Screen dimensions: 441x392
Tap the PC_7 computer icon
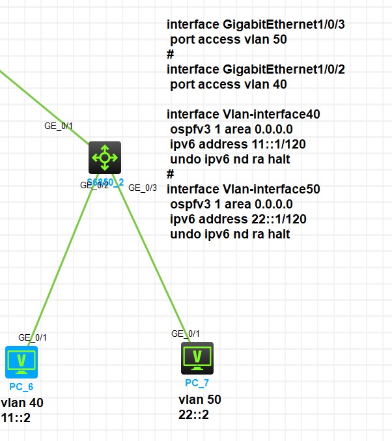coord(197,357)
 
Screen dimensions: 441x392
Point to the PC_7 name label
coord(197,382)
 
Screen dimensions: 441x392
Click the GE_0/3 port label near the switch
coord(143,188)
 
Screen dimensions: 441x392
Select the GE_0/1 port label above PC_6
coord(33,337)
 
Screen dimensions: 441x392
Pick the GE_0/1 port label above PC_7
coord(186,334)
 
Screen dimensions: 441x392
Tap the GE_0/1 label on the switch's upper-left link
coord(59,126)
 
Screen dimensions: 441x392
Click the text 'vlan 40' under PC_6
coord(22,403)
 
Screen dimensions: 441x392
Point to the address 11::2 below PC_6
coord(16,418)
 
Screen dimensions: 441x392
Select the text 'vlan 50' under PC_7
coord(199,399)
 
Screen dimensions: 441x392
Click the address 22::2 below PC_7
coord(193,414)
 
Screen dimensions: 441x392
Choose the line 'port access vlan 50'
coord(229,39)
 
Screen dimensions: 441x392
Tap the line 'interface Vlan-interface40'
coord(243,114)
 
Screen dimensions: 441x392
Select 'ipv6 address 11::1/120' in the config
coord(238,144)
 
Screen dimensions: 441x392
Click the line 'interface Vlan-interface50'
coord(243,189)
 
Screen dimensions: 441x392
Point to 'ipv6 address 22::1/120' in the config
coord(238,219)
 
